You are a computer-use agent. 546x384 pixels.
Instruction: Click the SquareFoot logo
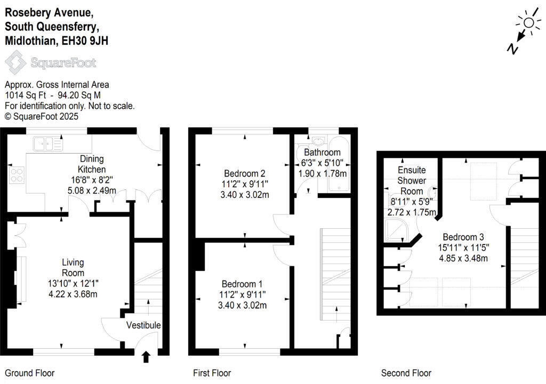[51, 63]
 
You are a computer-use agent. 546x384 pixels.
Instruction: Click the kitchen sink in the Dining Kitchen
[47, 143]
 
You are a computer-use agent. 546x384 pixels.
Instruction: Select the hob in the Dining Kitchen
[16, 175]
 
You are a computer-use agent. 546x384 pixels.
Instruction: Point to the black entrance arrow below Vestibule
[147, 357]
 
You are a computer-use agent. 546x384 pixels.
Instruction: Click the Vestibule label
[143, 325]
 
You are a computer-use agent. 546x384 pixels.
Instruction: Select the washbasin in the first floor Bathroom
[318, 141]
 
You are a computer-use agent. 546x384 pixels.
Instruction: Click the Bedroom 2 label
[245, 173]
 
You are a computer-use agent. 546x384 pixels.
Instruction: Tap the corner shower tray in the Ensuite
[396, 233]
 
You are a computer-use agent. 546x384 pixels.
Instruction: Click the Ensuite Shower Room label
[412, 180]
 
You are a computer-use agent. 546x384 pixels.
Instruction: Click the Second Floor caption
[406, 373]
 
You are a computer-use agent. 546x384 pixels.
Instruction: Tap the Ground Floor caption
[30, 373]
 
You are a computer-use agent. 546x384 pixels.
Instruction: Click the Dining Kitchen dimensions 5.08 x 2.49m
[91, 190]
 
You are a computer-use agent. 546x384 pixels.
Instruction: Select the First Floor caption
[212, 373]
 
